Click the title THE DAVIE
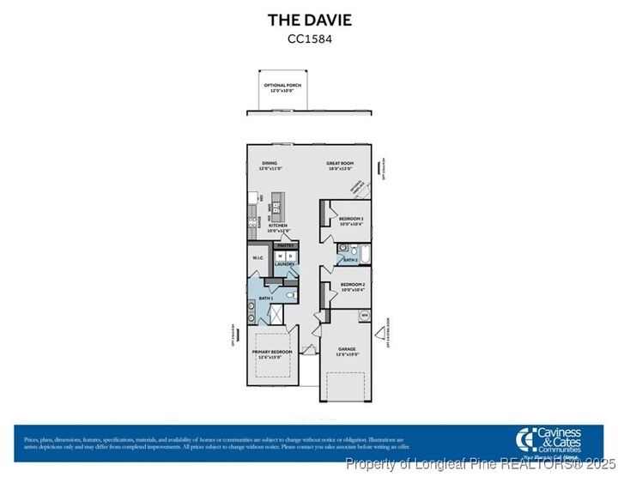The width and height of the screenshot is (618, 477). [x=309, y=20]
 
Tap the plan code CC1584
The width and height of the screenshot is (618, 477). [x=309, y=38]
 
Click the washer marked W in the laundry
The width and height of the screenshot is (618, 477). [x=280, y=256]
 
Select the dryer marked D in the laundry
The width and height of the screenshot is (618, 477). [x=290, y=256]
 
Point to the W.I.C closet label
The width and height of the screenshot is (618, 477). [x=257, y=258]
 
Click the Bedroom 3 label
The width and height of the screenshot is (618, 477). [x=351, y=220]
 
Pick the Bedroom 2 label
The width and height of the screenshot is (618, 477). [x=353, y=287]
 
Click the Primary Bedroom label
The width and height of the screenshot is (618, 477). [x=272, y=353]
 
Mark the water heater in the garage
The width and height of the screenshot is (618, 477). [x=365, y=316]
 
